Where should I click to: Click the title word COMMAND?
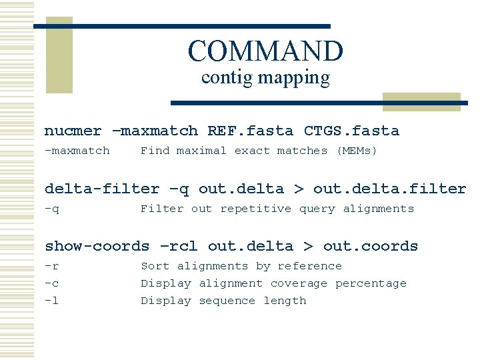(x=265, y=51)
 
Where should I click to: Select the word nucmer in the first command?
(x=73, y=131)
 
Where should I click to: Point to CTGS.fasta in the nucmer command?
(x=351, y=131)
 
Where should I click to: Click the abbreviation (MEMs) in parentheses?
(x=357, y=151)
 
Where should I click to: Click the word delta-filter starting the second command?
(x=102, y=189)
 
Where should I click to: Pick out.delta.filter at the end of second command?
(x=389, y=189)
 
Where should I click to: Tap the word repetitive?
(x=255, y=209)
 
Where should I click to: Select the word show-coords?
(x=97, y=247)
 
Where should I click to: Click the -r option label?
(x=51, y=266)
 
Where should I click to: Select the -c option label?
(x=51, y=283)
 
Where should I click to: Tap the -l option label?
(x=51, y=301)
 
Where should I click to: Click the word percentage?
(x=371, y=283)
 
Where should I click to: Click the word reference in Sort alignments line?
(x=309, y=266)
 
